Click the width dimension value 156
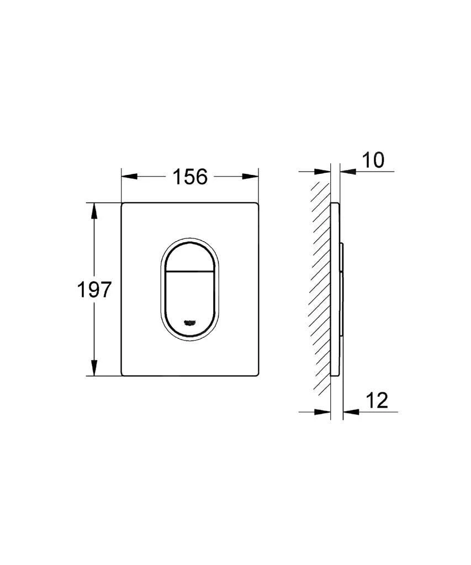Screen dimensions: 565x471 (x=190, y=177)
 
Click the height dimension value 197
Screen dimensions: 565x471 (x=93, y=290)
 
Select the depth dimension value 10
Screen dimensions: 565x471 (x=373, y=161)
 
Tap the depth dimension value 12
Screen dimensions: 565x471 (x=375, y=401)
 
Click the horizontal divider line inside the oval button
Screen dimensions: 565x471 (x=190, y=272)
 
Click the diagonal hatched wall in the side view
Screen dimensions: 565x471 (x=320, y=287)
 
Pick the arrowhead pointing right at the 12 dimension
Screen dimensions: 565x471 (x=323, y=411)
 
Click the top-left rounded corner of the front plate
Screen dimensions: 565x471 (x=124, y=205)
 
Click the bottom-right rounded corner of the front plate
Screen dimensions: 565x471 (x=256, y=373)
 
